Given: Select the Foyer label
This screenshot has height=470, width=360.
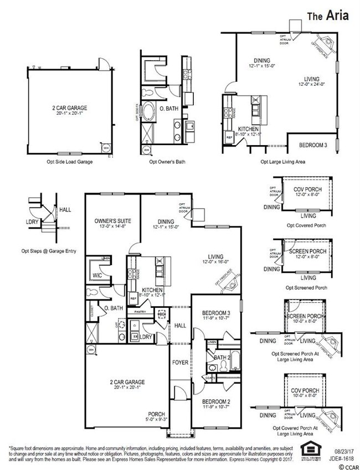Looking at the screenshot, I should pos(180,363).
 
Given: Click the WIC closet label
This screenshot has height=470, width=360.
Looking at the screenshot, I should pos(97,275).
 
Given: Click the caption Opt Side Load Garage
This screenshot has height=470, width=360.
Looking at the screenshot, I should pos(69,162).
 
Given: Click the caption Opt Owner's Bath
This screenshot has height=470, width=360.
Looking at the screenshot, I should pos(167,162).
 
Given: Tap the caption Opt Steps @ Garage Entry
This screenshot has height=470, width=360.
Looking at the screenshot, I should pos(49,251).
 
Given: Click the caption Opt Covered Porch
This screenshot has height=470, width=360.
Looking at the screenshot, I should pos(306,225).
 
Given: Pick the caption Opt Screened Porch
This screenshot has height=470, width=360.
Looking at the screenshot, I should pos(306,288).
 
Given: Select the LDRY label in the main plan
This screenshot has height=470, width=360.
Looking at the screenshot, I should pos(146,337).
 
